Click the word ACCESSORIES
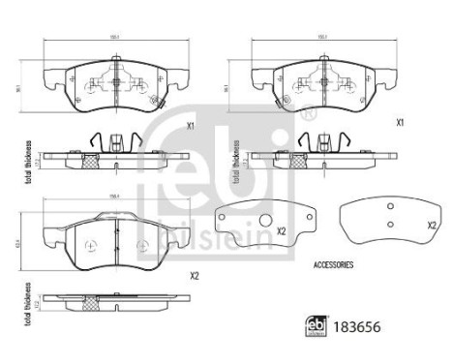[x=333, y=263]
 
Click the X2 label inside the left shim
[x=281, y=230]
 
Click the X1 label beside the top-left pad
[x=191, y=126]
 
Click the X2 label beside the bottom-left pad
[x=194, y=276]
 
